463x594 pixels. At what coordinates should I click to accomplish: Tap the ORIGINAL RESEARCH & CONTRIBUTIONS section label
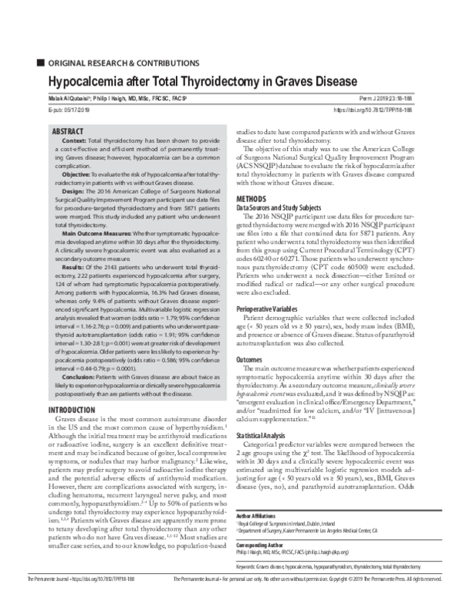click(x=115, y=62)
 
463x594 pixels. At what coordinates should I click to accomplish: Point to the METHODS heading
click(x=252, y=199)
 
